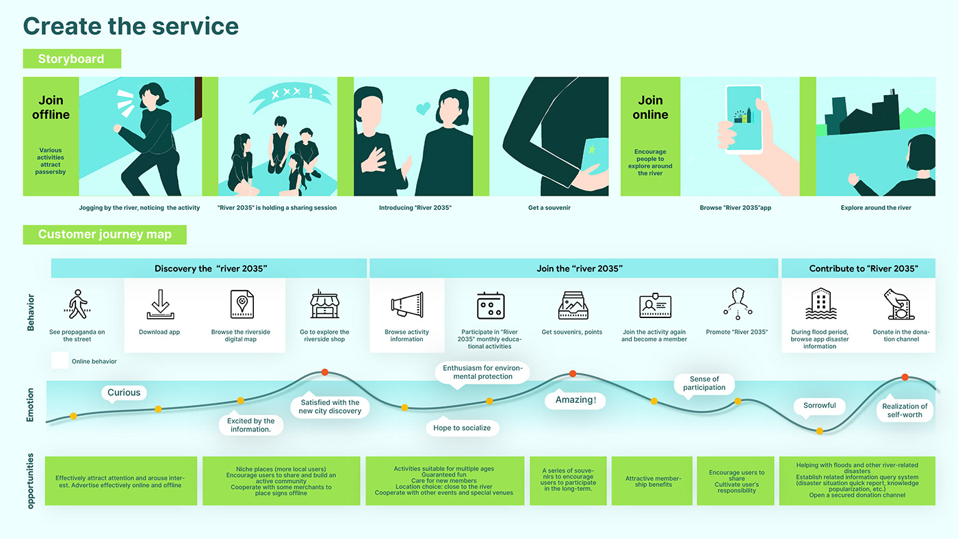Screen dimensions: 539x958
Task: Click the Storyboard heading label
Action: click(71, 59)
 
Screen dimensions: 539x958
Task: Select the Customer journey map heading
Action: click(105, 235)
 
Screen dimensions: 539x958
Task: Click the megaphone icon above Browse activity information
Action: click(407, 305)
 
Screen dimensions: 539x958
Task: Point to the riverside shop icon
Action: click(324, 305)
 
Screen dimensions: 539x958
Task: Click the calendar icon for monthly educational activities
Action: click(491, 305)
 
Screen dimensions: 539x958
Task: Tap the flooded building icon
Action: click(819, 304)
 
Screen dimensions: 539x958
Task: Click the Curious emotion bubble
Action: click(124, 393)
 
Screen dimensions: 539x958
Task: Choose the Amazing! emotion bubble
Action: click(575, 400)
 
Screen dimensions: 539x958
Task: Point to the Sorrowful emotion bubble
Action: click(819, 406)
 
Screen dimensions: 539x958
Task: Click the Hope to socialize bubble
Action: click(462, 428)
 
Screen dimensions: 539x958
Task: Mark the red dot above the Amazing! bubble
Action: click(573, 373)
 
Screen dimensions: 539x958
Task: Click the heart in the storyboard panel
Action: click(424, 108)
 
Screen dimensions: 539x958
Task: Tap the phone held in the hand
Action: click(743, 119)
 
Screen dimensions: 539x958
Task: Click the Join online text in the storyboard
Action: click(650, 107)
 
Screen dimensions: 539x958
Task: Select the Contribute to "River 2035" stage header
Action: click(858, 269)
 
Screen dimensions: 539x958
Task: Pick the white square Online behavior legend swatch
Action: click(60, 360)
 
